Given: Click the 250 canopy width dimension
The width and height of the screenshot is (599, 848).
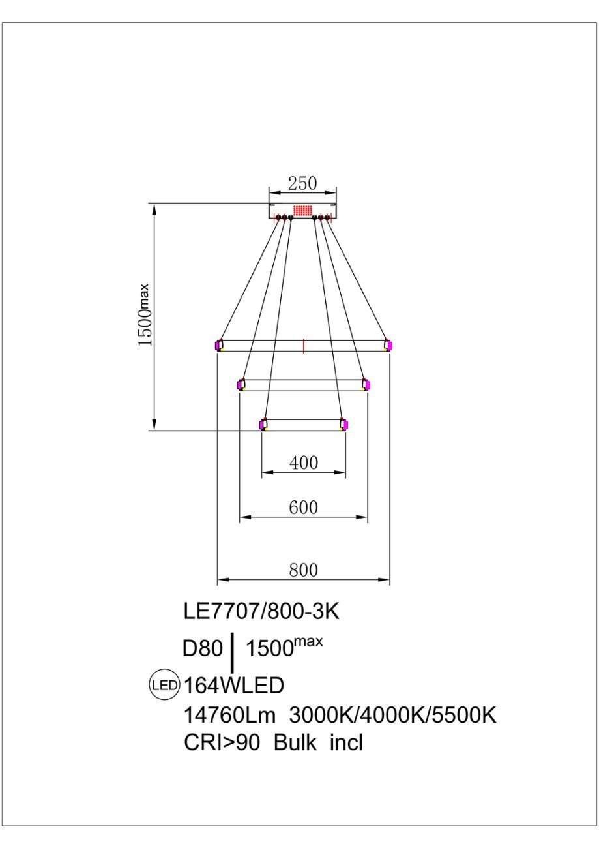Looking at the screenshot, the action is pos(302,183).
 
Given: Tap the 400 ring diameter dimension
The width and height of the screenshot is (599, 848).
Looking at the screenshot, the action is pos(304,463).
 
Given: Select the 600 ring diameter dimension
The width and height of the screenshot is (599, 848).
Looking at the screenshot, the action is pos(304,507).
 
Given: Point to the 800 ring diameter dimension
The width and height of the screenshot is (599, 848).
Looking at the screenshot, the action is pos(304,570).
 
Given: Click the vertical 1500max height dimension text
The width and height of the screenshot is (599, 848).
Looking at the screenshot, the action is pos(145,314).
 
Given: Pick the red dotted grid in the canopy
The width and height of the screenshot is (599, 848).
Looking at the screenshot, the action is pos(302,211).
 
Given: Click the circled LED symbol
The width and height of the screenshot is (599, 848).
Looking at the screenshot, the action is pos(164,685).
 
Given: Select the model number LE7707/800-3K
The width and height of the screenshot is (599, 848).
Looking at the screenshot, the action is pos(261,611).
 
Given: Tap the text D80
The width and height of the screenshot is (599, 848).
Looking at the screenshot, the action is pos(202,648).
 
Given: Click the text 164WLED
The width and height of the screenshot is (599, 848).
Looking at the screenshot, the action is pos(234,685).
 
